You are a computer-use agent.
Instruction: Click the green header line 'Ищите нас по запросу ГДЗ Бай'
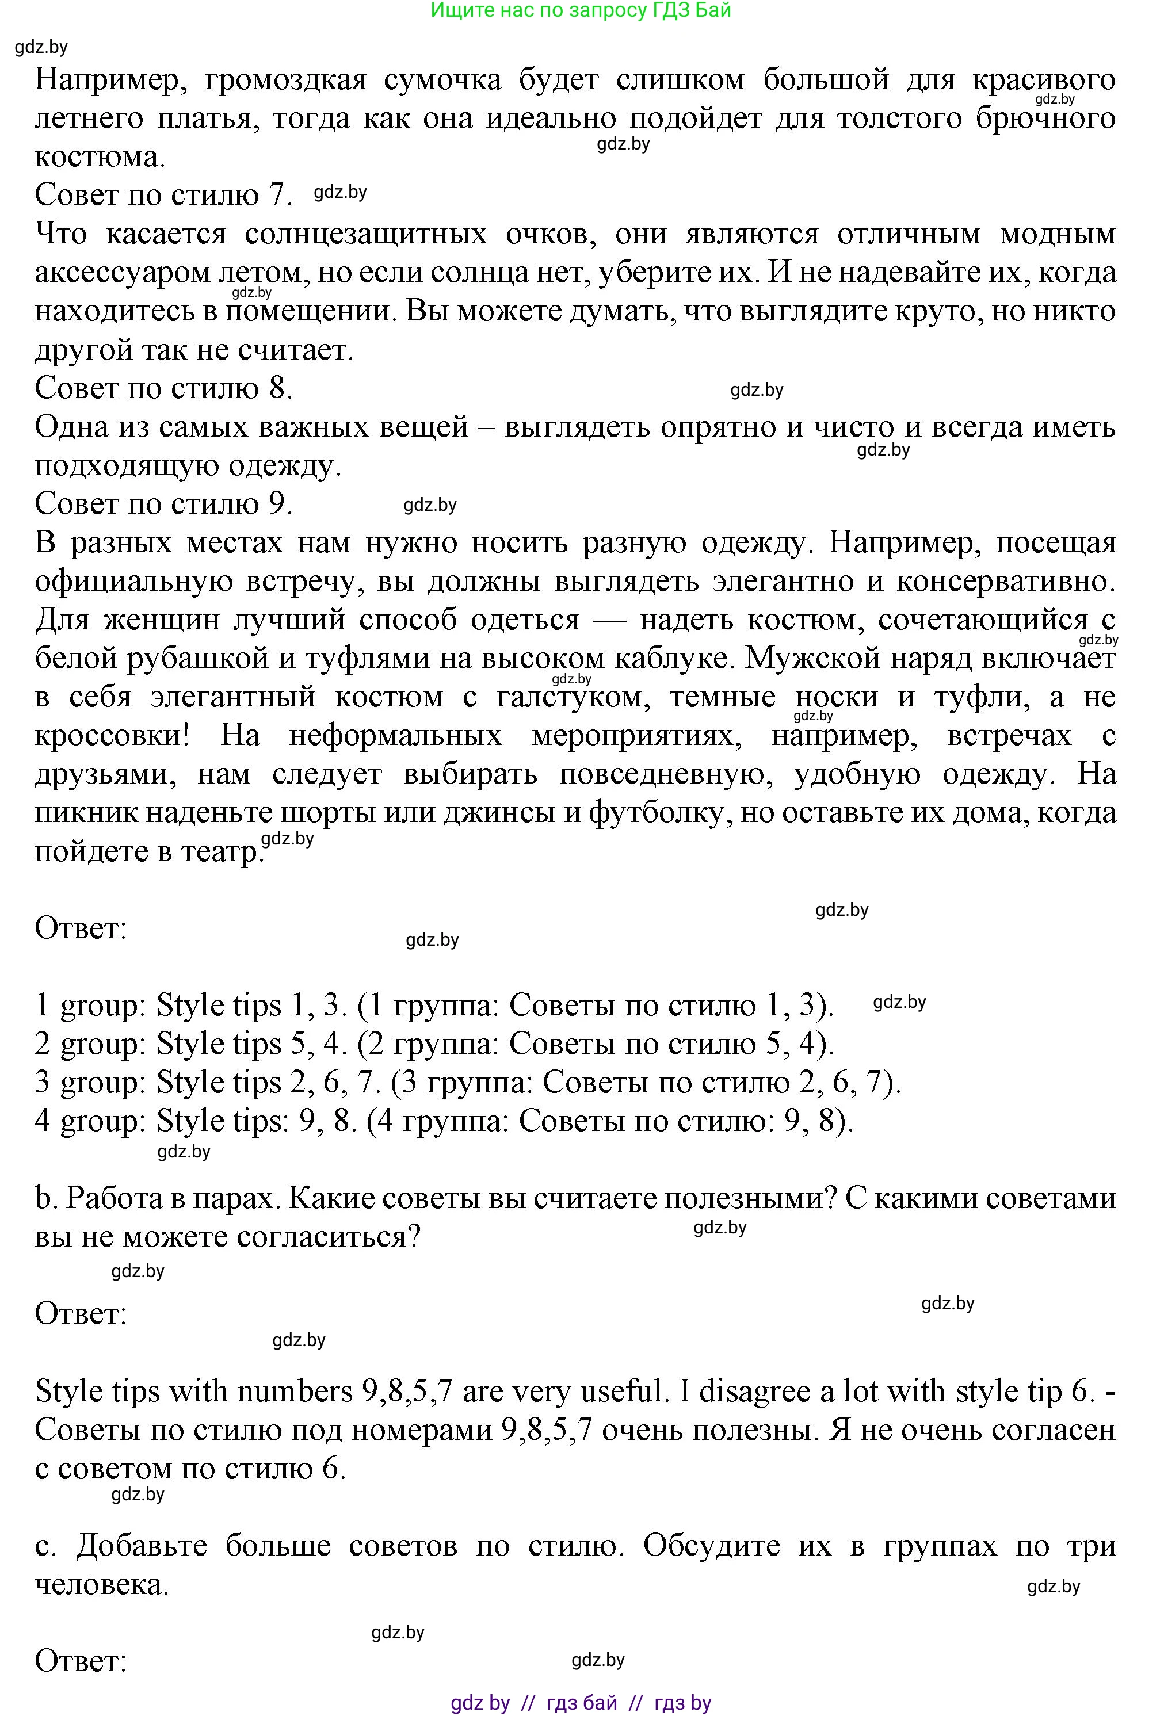(x=581, y=10)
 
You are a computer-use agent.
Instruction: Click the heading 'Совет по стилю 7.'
(x=163, y=195)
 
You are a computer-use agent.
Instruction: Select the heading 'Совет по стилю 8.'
(x=163, y=388)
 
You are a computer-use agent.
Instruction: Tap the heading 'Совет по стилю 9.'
(x=163, y=503)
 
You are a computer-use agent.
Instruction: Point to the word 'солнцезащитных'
(x=365, y=234)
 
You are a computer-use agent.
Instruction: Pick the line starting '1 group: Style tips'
(x=434, y=1006)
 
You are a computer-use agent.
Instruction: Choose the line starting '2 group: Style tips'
(x=434, y=1044)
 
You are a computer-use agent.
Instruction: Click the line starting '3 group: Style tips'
(x=468, y=1083)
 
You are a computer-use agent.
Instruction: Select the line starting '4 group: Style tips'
(x=444, y=1121)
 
